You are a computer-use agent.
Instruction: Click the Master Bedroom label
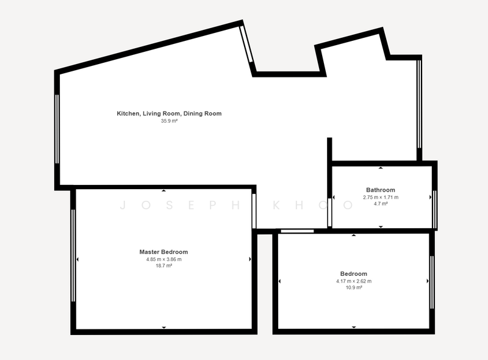(163, 252)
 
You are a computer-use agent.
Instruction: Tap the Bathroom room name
(381, 190)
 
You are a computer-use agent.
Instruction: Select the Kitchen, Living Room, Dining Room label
(169, 113)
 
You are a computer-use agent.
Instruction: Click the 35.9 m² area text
(169, 121)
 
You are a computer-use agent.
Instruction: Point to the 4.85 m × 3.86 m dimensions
(163, 259)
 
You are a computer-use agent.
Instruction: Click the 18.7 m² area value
(163, 266)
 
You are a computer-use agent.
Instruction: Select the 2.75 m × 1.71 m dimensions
(381, 198)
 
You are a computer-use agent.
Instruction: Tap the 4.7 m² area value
(381, 204)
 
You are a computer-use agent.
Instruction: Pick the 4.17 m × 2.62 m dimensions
(354, 281)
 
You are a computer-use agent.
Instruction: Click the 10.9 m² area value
(354, 288)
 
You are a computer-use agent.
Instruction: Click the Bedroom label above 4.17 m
(354, 274)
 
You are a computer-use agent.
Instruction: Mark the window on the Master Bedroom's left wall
(73, 256)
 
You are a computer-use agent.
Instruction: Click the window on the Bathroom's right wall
(435, 209)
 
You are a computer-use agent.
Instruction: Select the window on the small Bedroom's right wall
(432, 282)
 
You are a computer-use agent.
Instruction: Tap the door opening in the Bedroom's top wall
(297, 231)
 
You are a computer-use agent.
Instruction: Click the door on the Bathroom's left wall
(329, 212)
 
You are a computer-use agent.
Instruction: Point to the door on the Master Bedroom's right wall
(254, 211)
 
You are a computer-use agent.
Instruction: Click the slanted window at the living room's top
(246, 44)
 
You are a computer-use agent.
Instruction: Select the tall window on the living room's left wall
(57, 129)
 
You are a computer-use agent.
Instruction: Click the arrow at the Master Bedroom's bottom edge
(163, 327)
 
